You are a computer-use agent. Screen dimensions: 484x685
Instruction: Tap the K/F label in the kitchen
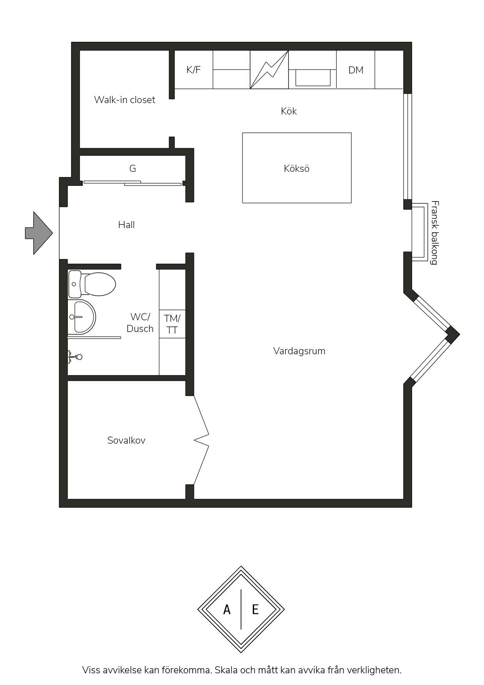pyautogui.click(x=193, y=70)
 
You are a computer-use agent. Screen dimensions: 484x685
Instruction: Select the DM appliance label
pyautogui.click(x=356, y=70)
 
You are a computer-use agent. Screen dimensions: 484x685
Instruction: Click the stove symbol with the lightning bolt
pyautogui.click(x=269, y=70)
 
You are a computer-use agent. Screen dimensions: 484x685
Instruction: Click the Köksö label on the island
pyautogui.click(x=297, y=169)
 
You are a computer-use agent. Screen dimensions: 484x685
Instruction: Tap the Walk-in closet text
pyautogui.click(x=125, y=100)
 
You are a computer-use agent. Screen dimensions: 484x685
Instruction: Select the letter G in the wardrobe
pyautogui.click(x=133, y=169)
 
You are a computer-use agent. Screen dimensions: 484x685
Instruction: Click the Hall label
pyautogui.click(x=126, y=225)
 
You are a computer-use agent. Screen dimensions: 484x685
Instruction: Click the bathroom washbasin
pyautogui.click(x=82, y=317)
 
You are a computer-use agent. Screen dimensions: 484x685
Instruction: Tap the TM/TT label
pyautogui.click(x=172, y=324)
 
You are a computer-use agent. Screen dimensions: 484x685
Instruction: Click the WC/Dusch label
pyautogui.click(x=140, y=323)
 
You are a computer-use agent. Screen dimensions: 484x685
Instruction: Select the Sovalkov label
pyautogui.click(x=126, y=441)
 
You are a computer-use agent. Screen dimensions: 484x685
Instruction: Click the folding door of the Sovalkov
pyautogui.click(x=201, y=440)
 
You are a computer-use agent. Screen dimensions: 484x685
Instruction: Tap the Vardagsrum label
pyautogui.click(x=299, y=351)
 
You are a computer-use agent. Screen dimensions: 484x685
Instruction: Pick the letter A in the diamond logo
pyautogui.click(x=227, y=609)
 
